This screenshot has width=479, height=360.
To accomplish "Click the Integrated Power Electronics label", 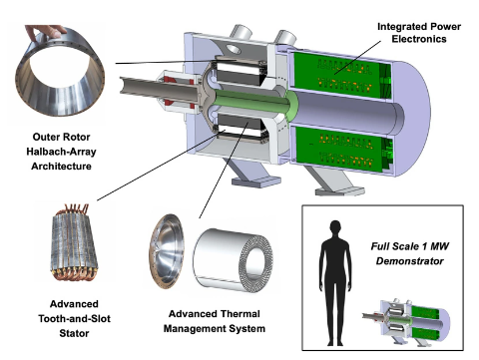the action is pos(419,33).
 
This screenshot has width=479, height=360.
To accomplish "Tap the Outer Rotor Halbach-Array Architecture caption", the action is pos(61,152).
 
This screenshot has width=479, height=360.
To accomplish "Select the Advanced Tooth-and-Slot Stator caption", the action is pos(74,318).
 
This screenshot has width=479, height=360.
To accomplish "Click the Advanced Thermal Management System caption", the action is pos(215,321).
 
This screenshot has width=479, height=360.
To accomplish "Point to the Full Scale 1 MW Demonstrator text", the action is pos(410,253).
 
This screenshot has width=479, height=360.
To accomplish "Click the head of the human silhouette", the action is pos(335,228).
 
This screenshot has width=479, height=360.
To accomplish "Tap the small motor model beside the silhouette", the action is pos(406,322).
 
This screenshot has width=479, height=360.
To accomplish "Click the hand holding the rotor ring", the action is pos(46,32).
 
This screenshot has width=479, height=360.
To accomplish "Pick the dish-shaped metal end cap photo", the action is pos(167,251).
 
